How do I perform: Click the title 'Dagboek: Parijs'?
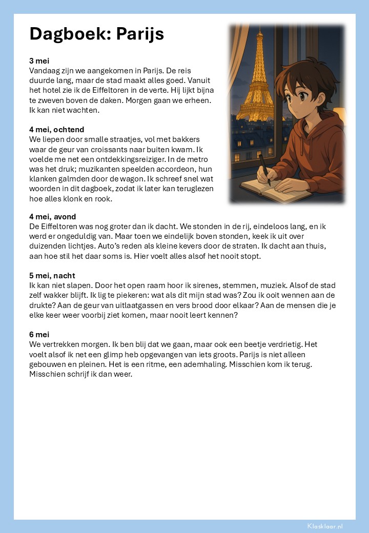[97, 34]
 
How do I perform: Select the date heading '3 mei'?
[39, 61]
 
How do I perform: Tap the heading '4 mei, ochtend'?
[57, 130]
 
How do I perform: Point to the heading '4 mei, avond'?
[53, 217]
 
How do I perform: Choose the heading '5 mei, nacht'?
[52, 276]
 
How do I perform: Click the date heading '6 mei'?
[39, 335]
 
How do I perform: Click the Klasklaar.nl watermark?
[325, 526]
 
